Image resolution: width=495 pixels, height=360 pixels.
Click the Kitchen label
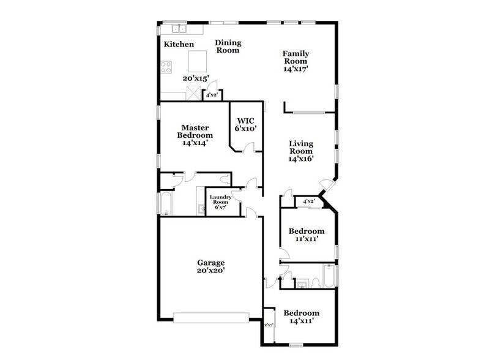point(179,45)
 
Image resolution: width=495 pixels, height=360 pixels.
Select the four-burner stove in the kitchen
point(166,67)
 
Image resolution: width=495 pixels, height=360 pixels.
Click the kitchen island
point(198,61)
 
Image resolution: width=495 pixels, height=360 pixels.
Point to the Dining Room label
point(228,47)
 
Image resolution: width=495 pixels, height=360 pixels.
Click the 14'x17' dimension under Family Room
point(295,69)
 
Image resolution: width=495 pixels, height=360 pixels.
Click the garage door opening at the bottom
point(211,317)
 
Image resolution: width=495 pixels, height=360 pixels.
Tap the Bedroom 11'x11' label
point(307,235)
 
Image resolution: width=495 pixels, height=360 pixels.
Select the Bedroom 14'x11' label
point(301,317)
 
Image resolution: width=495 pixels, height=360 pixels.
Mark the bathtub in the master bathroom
point(165,203)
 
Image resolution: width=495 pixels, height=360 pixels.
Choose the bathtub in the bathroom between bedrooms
point(327,277)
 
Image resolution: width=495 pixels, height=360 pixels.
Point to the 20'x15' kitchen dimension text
point(196,78)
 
